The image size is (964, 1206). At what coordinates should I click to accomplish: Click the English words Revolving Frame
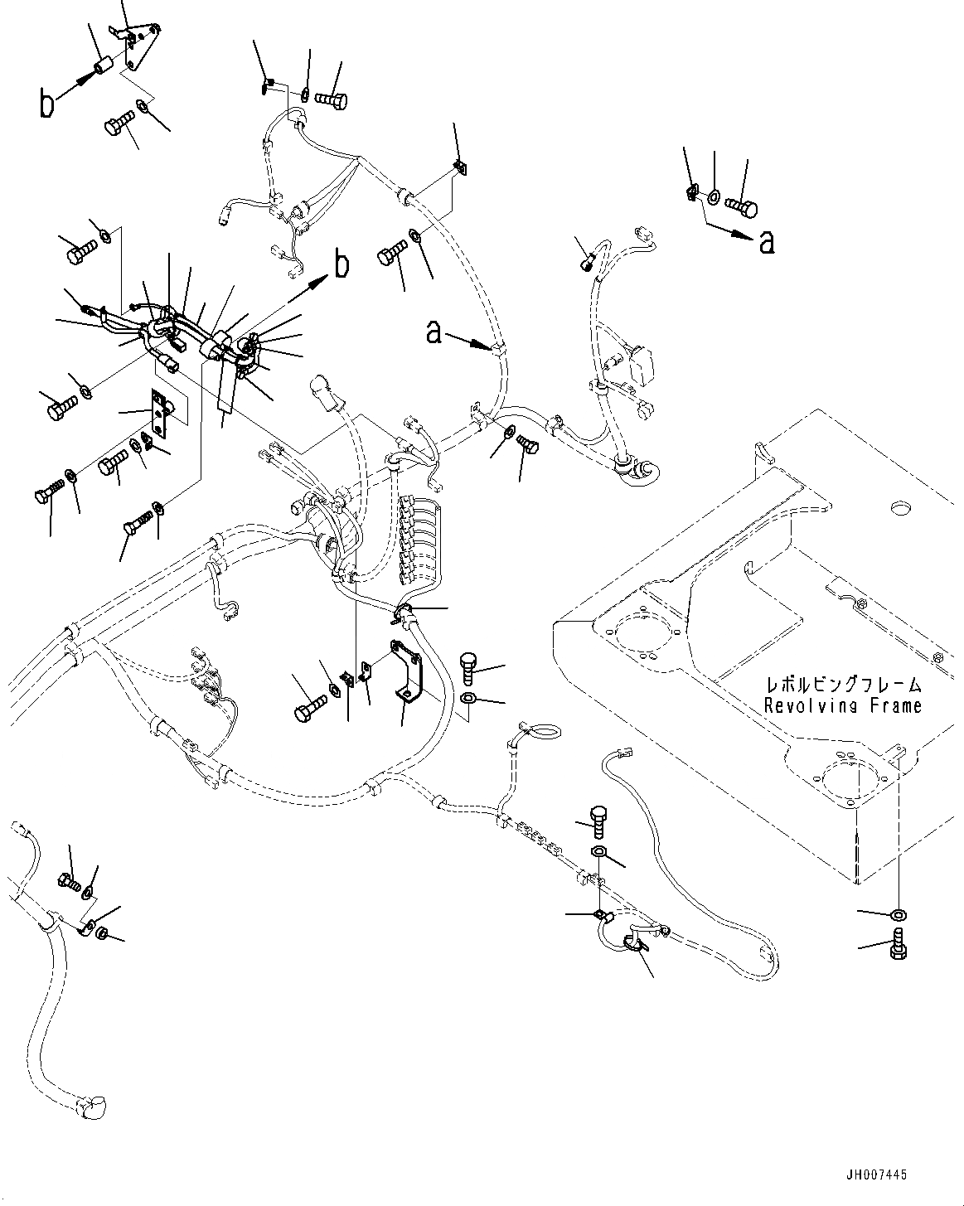coord(842,706)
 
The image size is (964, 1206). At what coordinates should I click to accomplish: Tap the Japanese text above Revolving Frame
coord(843,685)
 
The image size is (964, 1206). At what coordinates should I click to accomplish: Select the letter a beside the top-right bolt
coord(768,241)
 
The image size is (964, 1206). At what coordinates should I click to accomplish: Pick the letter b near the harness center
coord(342,265)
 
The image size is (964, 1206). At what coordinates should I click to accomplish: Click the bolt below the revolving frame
coord(898,946)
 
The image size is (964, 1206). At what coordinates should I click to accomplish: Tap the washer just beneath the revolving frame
coord(898,915)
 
